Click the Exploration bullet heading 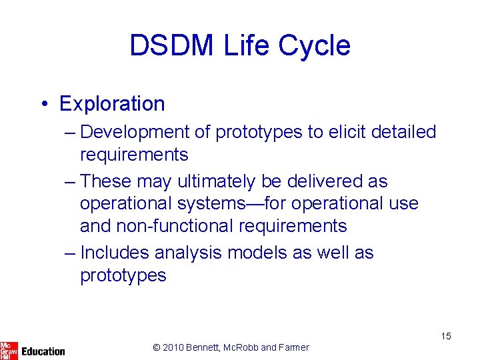pyautogui.click(x=111, y=104)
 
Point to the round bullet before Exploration pyautogui.click(x=43, y=105)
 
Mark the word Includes pyautogui.click(x=115, y=253)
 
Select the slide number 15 pyautogui.click(x=445, y=336)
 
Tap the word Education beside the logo pyautogui.click(x=43, y=351)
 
